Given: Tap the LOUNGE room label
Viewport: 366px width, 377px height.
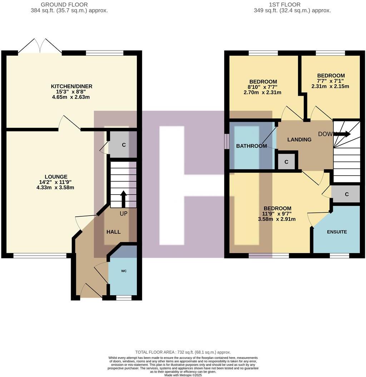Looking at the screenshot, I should pos(56,177).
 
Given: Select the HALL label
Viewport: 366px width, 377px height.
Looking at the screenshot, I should pos(113,232).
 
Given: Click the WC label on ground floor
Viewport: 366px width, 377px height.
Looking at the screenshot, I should pos(124,271).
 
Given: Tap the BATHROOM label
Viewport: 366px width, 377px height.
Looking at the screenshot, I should pos(251,146).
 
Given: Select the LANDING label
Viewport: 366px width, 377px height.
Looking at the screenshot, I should pos(299,140).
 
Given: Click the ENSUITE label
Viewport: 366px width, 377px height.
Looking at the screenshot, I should pos(337,232).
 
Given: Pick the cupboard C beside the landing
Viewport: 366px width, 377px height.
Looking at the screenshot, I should pos(286,162).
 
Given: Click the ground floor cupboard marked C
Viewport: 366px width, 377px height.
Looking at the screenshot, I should pos(124,145).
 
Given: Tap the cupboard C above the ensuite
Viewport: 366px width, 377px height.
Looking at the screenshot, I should pos(346,194).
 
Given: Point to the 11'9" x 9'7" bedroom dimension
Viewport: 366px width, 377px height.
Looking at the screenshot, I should pos(277,214).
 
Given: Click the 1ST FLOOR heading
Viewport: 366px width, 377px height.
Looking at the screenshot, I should pos(290,5).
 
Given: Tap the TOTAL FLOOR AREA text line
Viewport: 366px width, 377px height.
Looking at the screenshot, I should pos(183,352).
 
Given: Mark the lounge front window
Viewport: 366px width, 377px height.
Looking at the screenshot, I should pos(40,255).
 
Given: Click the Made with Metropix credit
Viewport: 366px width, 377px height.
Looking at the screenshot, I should pos(183,375).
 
